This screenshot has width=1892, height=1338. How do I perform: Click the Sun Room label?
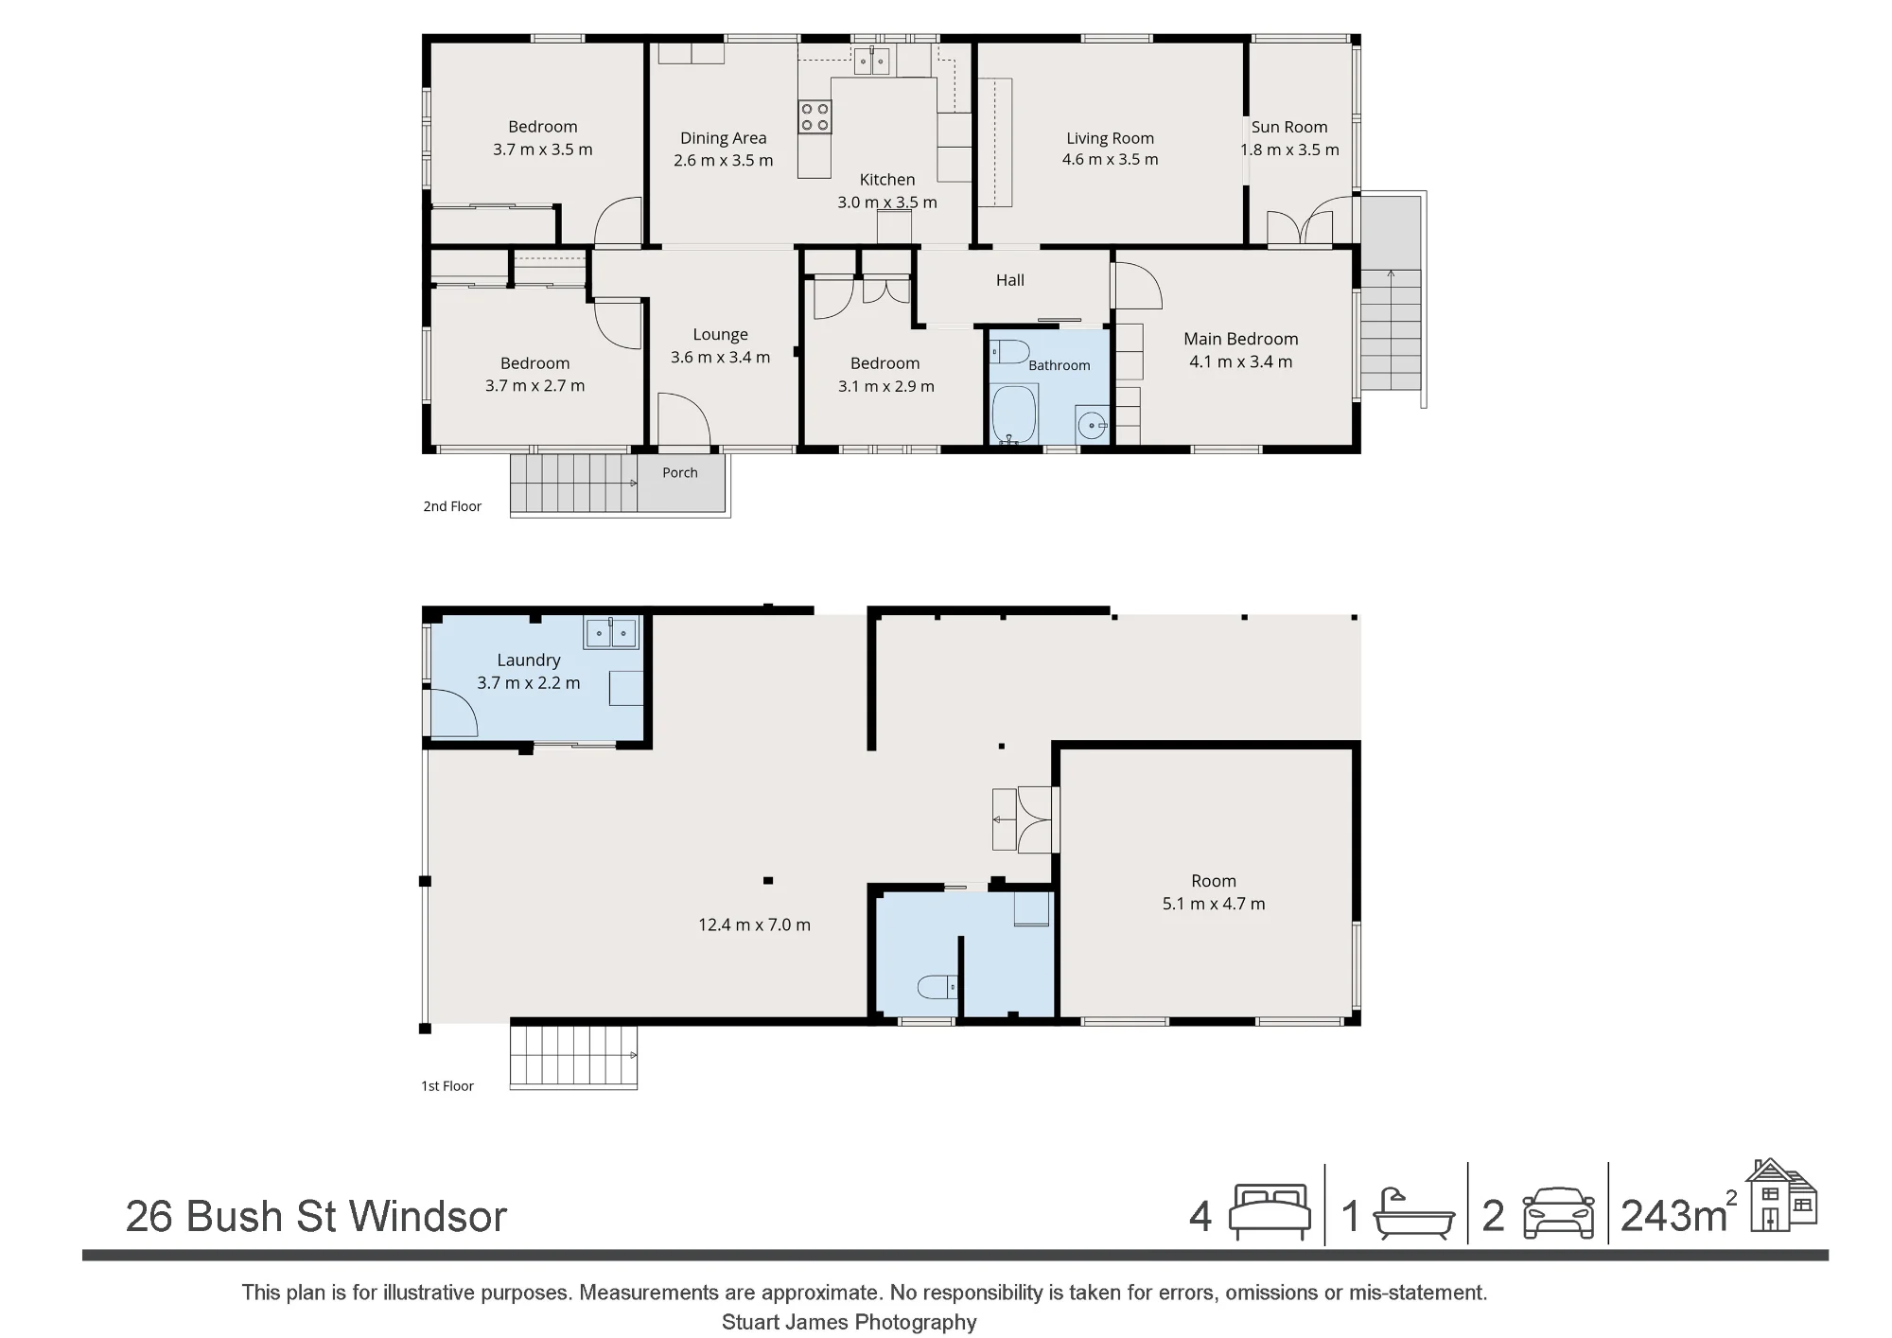[x=1289, y=127]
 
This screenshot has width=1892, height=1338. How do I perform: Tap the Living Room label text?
[x=1110, y=138]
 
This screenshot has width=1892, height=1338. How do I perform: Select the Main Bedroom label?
[x=1240, y=339]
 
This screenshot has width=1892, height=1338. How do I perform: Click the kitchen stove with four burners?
[x=815, y=116]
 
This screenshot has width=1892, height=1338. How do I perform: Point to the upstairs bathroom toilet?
[x=1008, y=353]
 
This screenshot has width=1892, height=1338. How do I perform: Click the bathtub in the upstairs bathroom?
[x=1015, y=414]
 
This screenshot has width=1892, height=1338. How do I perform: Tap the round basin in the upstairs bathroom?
[x=1093, y=426]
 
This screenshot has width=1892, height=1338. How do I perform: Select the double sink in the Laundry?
[x=612, y=632]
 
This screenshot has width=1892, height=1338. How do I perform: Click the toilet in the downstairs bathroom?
[x=937, y=988]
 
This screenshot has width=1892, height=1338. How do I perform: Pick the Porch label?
[x=680, y=473]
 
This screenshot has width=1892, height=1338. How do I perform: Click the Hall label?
[x=1010, y=280]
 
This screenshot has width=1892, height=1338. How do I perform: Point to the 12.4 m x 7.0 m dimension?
[x=754, y=925]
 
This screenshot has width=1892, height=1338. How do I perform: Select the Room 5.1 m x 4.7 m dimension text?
[x=1214, y=904]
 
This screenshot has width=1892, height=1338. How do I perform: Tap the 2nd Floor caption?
[x=452, y=506]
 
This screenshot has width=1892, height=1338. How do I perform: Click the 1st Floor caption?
[x=447, y=1086]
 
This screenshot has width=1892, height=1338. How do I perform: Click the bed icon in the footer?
[x=1270, y=1212]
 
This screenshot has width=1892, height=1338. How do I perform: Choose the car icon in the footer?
[x=1558, y=1213]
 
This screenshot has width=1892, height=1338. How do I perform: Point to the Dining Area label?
[x=724, y=138]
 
